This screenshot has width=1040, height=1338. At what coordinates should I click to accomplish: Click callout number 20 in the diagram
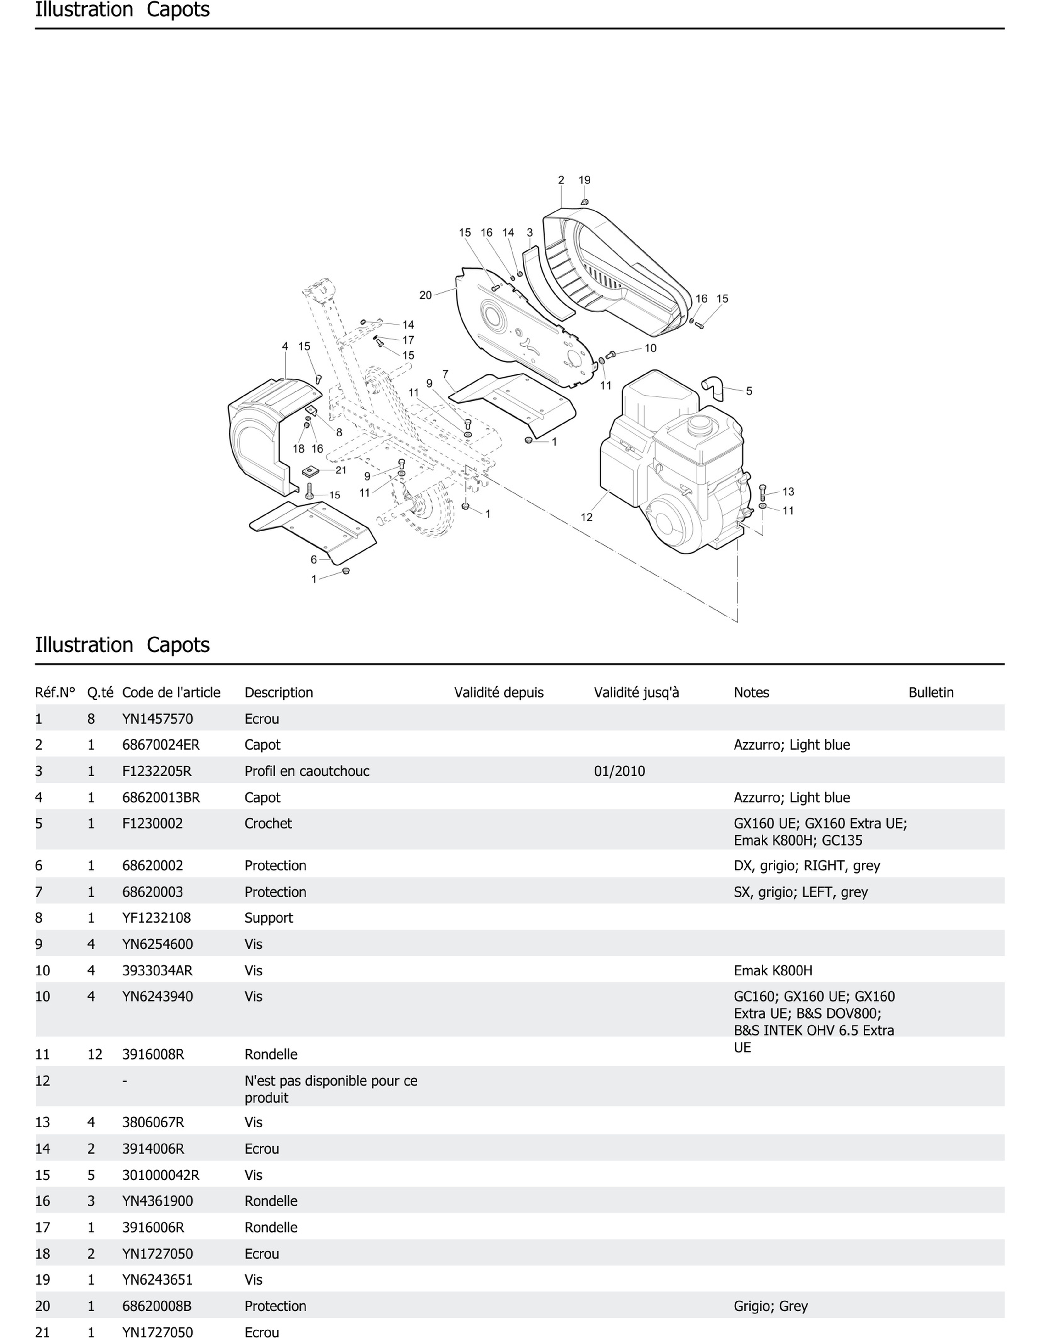click(x=425, y=295)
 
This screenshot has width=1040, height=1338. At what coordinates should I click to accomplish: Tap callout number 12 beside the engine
click(x=586, y=517)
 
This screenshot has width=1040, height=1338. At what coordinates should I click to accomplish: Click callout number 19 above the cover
click(x=584, y=180)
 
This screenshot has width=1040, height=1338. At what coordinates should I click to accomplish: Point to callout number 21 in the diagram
click(x=341, y=470)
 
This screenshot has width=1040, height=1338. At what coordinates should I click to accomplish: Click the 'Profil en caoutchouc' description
click(x=307, y=771)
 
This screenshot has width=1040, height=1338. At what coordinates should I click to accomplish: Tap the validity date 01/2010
click(x=619, y=771)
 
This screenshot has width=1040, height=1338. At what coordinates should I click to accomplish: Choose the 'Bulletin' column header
click(x=930, y=692)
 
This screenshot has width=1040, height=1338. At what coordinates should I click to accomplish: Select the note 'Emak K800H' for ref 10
click(x=773, y=970)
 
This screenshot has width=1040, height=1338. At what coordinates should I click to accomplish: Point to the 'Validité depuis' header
click(x=499, y=692)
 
